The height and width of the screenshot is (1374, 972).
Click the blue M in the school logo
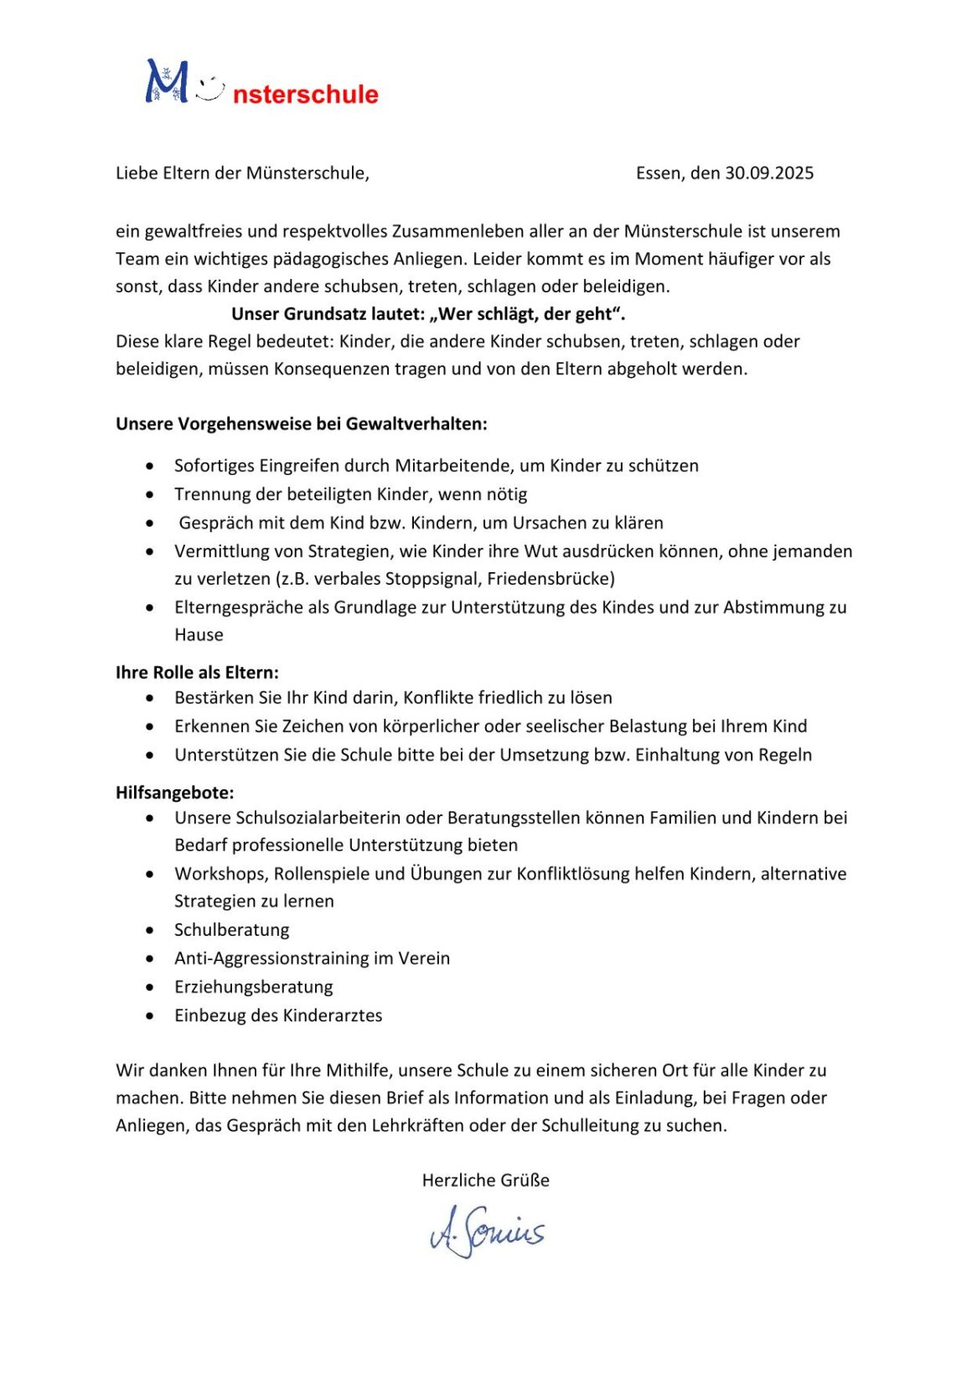click(x=166, y=82)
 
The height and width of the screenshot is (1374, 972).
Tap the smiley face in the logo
click(x=211, y=89)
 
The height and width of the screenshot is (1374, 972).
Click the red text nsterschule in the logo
click(x=305, y=94)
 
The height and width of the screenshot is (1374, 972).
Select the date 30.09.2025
click(x=769, y=173)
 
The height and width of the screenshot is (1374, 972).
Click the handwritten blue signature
click(x=487, y=1231)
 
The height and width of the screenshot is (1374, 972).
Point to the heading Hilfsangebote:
click(x=175, y=792)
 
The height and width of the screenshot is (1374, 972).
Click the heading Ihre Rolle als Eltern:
click(x=197, y=672)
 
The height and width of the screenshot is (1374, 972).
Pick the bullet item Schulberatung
click(x=232, y=929)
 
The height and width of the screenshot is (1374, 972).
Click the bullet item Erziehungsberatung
click(x=254, y=986)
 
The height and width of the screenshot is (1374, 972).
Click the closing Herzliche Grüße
click(x=486, y=1180)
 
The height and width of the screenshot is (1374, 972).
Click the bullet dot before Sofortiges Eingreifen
click(x=150, y=466)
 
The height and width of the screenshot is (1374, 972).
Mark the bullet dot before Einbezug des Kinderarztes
click(x=150, y=1015)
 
